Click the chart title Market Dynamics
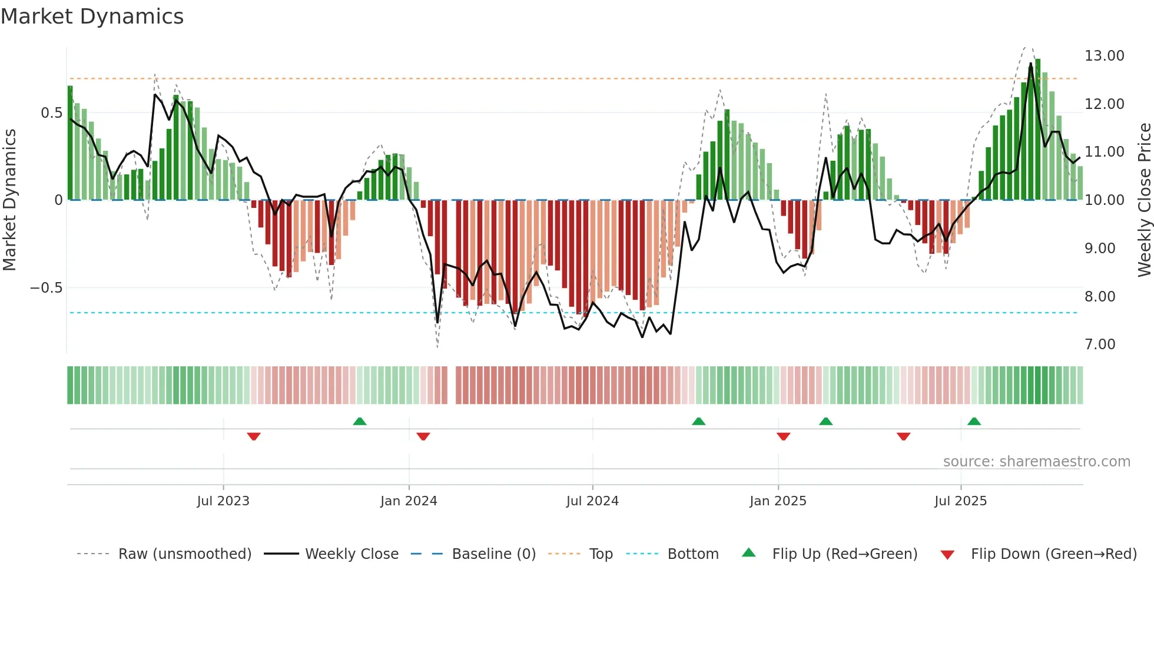click(x=92, y=16)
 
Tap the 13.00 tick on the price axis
click(x=1104, y=56)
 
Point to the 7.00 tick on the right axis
click(x=1100, y=345)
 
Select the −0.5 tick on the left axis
click(x=46, y=288)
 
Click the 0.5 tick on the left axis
click(x=51, y=113)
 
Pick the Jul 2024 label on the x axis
click(x=592, y=501)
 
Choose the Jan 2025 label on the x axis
click(x=778, y=501)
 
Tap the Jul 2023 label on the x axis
click(x=223, y=501)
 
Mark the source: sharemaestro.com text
click(x=1036, y=462)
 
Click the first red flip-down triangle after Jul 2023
click(x=254, y=436)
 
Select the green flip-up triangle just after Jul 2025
click(x=974, y=421)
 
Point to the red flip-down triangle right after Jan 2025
click(x=783, y=436)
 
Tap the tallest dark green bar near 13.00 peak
click(x=1038, y=130)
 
